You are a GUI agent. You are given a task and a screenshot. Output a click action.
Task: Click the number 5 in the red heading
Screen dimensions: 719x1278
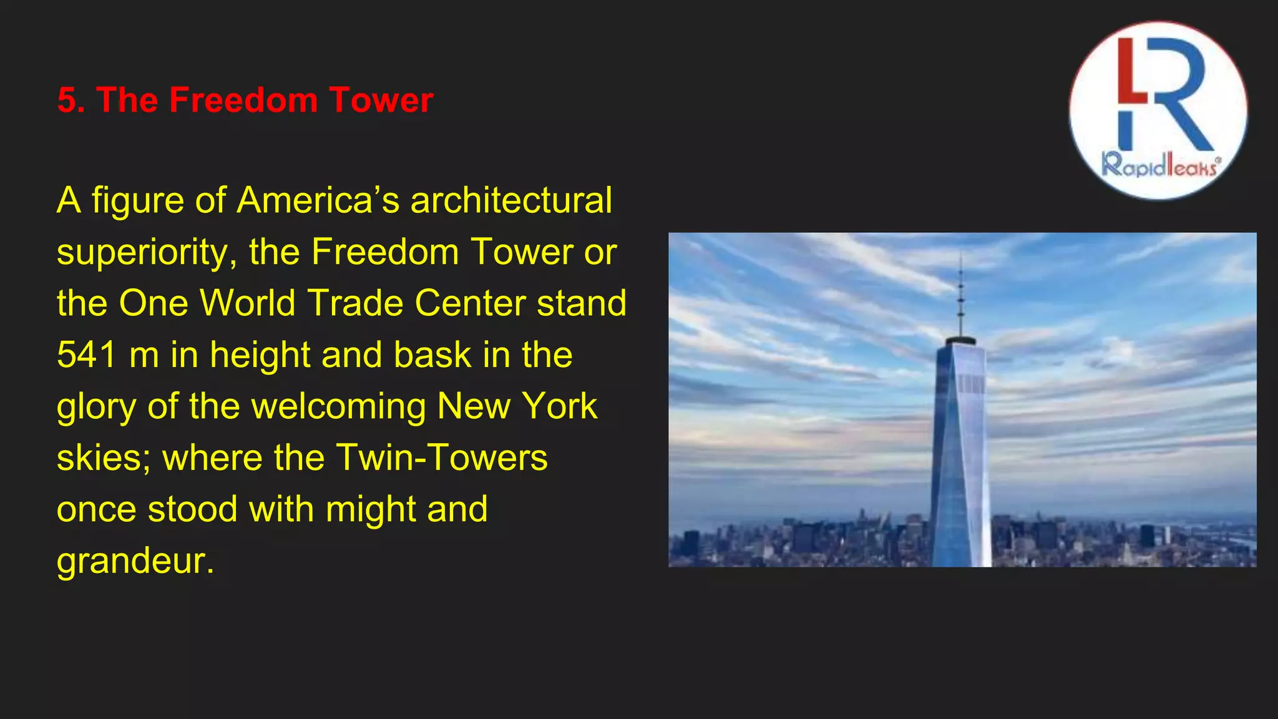[66, 100]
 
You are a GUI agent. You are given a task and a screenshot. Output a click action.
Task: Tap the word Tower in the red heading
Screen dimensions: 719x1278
[381, 100]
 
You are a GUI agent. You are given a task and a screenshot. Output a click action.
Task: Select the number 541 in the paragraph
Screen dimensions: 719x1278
[87, 355]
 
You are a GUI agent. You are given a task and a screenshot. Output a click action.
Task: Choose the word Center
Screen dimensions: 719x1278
[471, 303]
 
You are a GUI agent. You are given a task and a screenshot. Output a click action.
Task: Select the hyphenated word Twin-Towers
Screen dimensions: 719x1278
[442, 457]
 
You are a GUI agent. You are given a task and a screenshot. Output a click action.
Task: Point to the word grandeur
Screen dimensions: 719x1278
[135, 561]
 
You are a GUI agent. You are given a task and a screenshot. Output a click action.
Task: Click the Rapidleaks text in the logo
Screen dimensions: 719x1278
[1159, 166]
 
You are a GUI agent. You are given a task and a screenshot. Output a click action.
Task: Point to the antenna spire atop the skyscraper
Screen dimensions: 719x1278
[961, 293]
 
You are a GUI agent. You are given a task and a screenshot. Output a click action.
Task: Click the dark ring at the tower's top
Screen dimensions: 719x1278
[960, 341]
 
